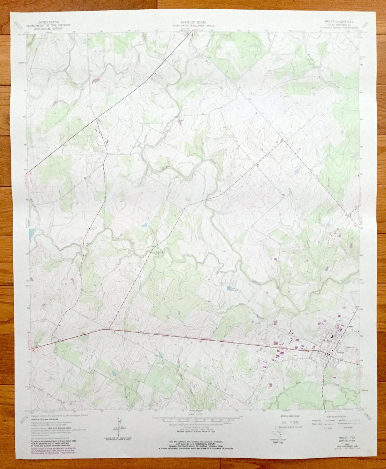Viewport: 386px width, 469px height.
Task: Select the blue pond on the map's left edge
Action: [31, 233]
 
